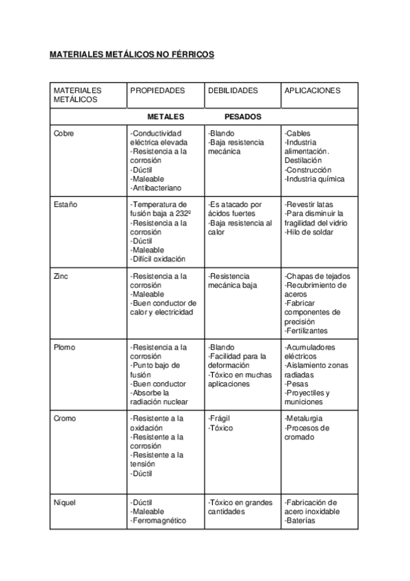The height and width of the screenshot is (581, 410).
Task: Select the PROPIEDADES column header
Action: (x=157, y=90)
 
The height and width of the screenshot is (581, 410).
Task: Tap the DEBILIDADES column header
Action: (x=233, y=90)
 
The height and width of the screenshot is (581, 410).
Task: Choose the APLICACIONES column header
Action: (x=311, y=90)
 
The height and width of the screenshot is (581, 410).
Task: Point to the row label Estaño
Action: (x=65, y=204)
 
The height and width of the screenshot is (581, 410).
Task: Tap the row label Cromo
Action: (x=64, y=419)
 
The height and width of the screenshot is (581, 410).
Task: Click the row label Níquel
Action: (x=64, y=502)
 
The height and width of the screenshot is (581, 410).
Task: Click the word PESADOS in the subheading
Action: (x=242, y=116)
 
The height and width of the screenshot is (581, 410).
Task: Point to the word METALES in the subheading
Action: (x=166, y=116)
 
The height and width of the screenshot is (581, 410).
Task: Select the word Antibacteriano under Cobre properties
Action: (x=159, y=188)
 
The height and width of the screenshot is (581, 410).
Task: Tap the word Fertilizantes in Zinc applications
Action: (x=309, y=330)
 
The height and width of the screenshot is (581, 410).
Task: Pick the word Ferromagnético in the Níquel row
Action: (x=159, y=521)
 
